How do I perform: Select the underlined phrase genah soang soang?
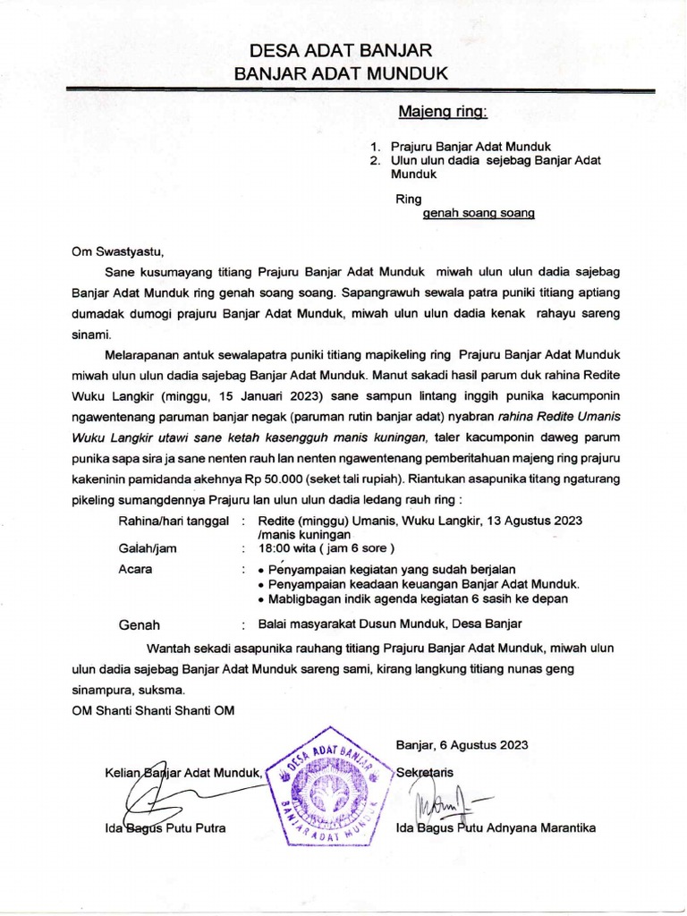point(479,215)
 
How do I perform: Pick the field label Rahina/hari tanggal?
point(174,520)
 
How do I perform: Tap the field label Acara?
point(135,569)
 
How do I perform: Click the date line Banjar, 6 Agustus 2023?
point(462,744)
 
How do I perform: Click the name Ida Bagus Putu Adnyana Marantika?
point(496,827)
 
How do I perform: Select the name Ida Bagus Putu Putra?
point(165,827)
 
